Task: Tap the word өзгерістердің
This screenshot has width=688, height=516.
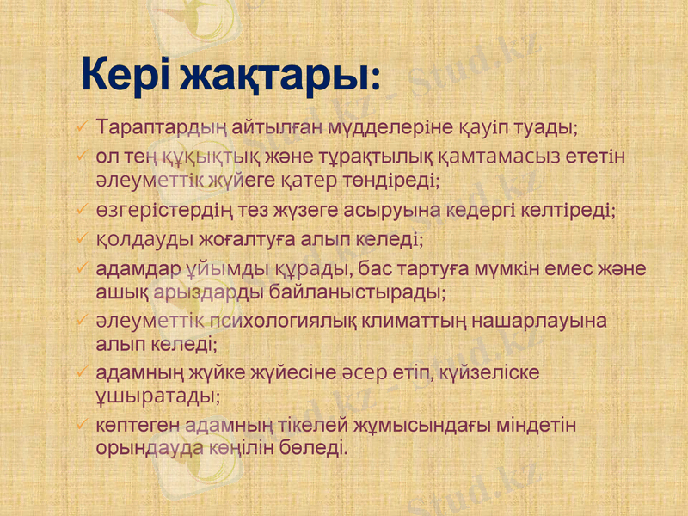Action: pyautogui.click(x=158, y=210)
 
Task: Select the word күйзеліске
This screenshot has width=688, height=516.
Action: pyautogui.click(x=490, y=374)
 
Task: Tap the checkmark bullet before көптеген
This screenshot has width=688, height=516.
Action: pyautogui.click(x=81, y=426)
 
